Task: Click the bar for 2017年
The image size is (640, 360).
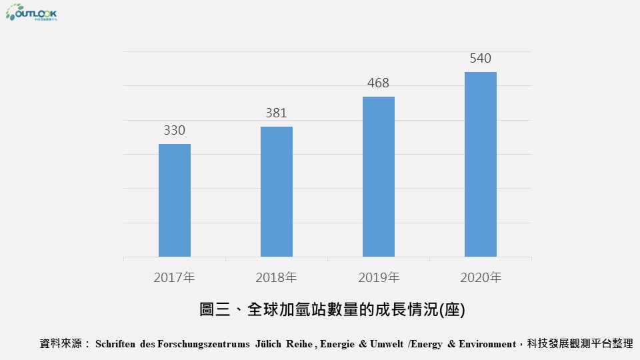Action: tap(175, 200)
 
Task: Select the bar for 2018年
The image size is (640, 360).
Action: tap(277, 191)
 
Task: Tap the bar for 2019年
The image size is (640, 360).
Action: tap(379, 177)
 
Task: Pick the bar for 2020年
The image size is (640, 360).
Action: tap(481, 164)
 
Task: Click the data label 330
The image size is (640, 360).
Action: tap(175, 131)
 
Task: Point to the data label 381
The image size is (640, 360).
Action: tap(276, 113)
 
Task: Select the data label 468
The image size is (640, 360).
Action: tap(378, 83)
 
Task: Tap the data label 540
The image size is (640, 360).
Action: tap(480, 59)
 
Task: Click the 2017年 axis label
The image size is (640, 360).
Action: tap(175, 277)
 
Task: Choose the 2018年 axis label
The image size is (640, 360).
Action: tap(277, 277)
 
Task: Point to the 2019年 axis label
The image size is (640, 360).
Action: tap(379, 277)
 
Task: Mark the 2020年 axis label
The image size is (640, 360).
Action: tap(481, 277)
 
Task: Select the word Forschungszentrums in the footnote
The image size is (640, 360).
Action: tap(202, 344)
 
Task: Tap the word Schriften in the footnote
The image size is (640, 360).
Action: tap(116, 344)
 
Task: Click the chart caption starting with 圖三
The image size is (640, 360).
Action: tap(332, 310)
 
